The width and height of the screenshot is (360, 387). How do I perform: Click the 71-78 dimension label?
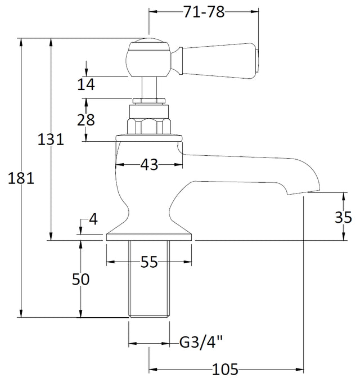204,12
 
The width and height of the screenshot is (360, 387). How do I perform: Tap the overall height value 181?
21,178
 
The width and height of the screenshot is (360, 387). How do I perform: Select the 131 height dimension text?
51,139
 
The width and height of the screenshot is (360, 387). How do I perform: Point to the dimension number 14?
86,84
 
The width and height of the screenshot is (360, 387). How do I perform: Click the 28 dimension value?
86,120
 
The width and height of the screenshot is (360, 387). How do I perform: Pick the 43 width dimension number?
149,164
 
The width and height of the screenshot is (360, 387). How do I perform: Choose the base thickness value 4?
93,219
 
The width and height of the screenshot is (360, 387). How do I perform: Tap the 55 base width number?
149,262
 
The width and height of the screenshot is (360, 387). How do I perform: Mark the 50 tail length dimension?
80,280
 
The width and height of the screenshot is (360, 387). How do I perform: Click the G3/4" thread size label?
201,343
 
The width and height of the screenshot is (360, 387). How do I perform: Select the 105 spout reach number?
225,370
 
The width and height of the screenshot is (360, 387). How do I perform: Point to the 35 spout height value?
343,218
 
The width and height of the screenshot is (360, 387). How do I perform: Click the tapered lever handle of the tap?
218,61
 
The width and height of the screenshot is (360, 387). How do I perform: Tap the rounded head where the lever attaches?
148,59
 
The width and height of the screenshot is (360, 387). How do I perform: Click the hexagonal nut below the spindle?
149,127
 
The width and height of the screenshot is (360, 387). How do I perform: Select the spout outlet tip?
304,192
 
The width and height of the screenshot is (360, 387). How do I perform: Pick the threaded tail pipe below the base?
149,279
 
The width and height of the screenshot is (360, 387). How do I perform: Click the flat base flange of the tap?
149,237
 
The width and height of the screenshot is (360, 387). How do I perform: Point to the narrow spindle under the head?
149,87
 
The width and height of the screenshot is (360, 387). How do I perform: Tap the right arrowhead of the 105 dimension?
300,370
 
